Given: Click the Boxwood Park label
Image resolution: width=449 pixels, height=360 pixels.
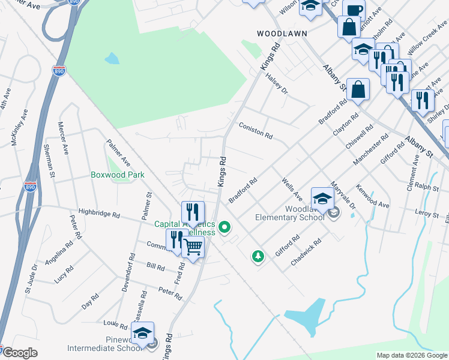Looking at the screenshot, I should pos(118,175).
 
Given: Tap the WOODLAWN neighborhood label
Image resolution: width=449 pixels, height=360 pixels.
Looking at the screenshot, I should pos(282,34).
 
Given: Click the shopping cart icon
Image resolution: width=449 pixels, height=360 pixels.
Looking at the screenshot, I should pos(193,246).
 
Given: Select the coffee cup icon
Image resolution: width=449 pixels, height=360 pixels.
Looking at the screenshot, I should pos(354,10).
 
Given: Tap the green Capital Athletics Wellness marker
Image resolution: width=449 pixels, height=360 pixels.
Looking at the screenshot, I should pos(225,227).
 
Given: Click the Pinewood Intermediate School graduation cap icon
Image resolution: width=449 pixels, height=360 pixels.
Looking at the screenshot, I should pos(143,333).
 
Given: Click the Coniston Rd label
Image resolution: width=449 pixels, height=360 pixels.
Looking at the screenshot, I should pos(256,130).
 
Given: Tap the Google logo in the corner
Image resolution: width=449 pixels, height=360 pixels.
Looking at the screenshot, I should pos(19,353).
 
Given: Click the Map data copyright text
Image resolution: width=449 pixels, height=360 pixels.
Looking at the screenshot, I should pos(412,355).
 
